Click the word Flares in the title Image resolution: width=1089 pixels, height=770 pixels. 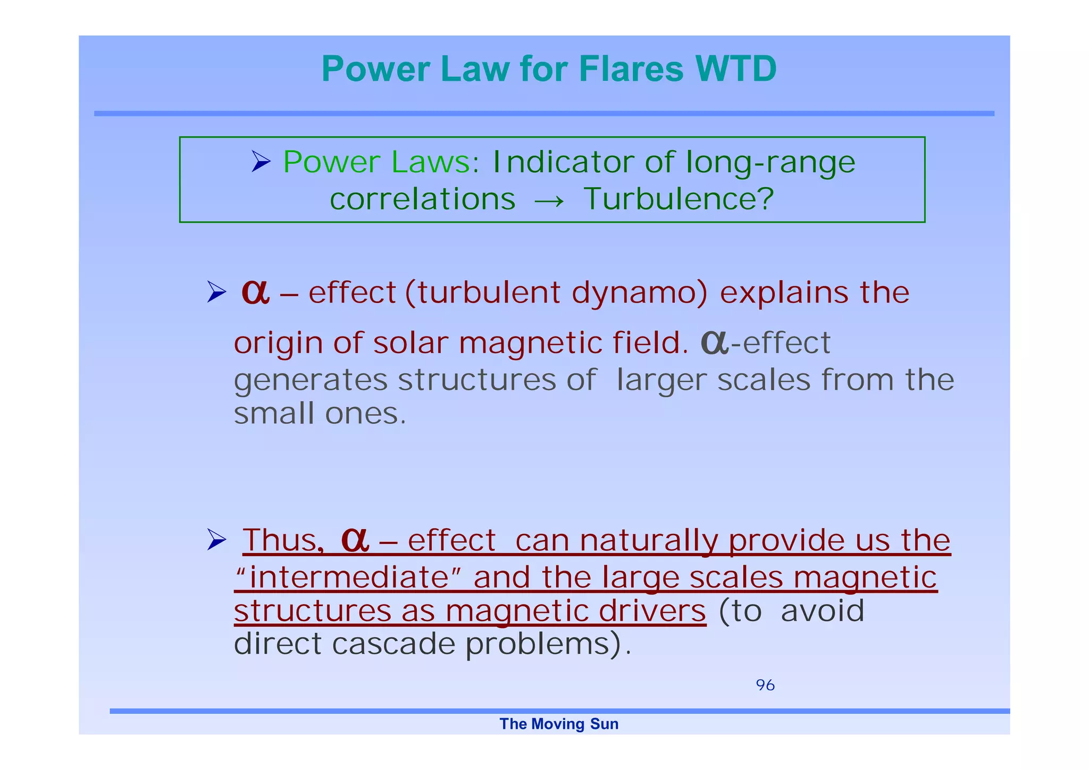(631, 69)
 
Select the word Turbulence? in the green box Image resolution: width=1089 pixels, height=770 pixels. (678, 199)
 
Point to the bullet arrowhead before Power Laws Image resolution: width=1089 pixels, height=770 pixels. (261, 161)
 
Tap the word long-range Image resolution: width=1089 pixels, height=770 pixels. (770, 163)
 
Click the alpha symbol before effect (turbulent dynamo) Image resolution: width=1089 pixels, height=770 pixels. (255, 292)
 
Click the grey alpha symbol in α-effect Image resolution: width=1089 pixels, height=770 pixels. (714, 342)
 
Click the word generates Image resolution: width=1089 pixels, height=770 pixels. (311, 381)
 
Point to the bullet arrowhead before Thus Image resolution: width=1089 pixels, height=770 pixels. (216, 540)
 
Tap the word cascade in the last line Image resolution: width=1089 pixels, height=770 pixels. (393, 644)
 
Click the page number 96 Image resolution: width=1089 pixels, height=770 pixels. (765, 685)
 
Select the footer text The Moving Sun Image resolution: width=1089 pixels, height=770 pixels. (559, 724)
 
